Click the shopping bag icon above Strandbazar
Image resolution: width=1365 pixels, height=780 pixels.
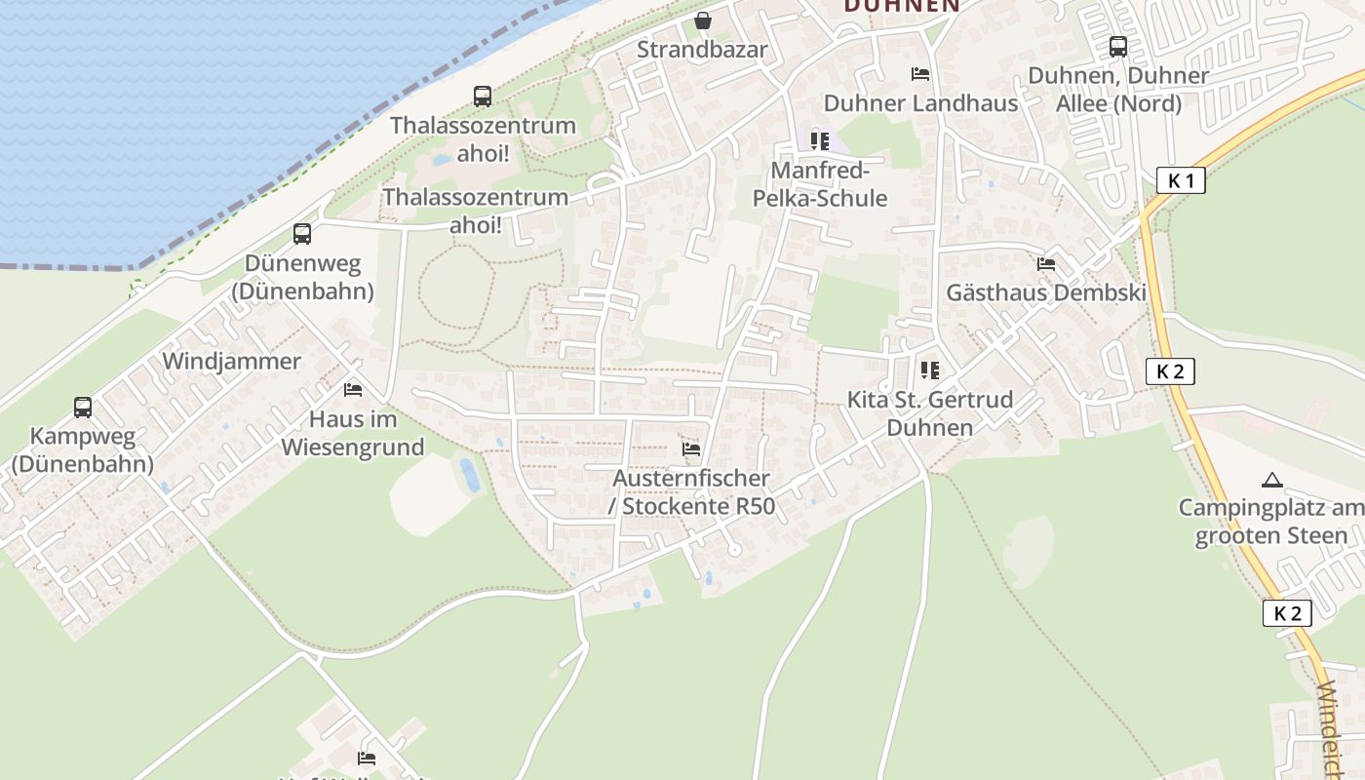(702, 20)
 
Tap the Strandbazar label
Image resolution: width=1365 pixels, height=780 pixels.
(702, 50)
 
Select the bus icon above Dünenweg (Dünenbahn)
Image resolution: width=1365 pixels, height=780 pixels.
(302, 234)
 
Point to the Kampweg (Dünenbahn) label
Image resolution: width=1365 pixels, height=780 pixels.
(83, 449)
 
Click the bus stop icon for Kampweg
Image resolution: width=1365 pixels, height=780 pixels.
(83, 408)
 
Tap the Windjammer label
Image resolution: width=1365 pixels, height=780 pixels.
(231, 362)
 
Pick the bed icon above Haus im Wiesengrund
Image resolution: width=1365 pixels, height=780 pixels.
(353, 390)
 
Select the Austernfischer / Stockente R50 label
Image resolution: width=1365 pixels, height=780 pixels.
(691, 492)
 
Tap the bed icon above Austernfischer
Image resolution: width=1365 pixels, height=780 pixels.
(691, 449)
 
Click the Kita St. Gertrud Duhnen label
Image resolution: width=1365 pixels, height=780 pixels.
(930, 413)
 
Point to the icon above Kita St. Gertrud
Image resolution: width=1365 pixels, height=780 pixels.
(929, 370)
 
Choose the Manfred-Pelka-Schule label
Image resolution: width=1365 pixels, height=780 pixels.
(820, 184)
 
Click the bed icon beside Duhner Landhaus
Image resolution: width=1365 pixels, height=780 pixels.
(919, 74)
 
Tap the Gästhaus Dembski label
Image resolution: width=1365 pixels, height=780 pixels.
(1046, 293)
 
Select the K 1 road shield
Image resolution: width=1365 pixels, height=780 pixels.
(1181, 180)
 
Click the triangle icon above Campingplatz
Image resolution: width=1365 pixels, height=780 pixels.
(1271, 480)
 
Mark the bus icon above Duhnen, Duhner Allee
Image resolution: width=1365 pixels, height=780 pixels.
(1118, 46)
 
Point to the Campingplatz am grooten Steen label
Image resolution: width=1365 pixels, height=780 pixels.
(1271, 522)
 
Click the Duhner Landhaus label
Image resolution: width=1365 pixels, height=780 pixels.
(920, 103)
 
